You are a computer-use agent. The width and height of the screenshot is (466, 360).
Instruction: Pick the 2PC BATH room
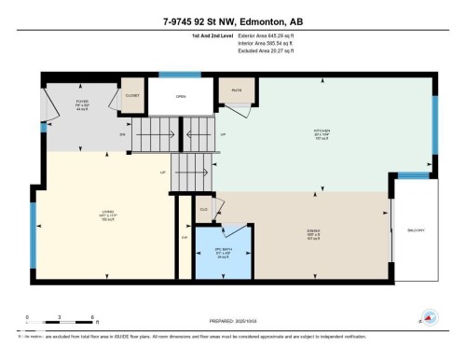tap(223, 250)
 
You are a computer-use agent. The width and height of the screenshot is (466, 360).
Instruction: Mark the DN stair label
tap(121, 135)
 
